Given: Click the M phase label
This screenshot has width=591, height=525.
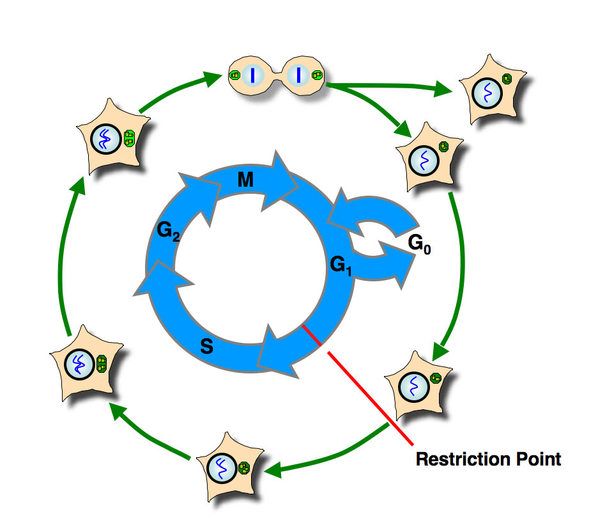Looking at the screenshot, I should [x=245, y=181].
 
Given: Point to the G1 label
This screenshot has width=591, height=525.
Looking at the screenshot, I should [x=339, y=263].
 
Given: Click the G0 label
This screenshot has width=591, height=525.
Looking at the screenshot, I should [x=418, y=245].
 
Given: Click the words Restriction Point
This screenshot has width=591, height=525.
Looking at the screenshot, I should [x=488, y=458].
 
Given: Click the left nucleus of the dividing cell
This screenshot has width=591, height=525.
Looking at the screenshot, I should [x=253, y=75].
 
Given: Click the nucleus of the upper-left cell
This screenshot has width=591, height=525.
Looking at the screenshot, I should [x=105, y=139].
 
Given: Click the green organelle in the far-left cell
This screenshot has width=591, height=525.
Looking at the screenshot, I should [x=101, y=365].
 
